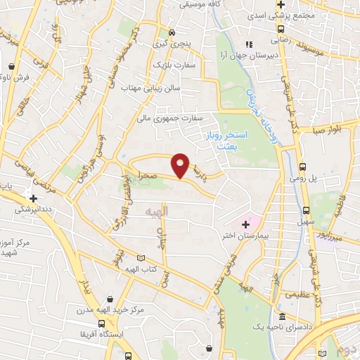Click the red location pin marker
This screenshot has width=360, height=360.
click(x=180, y=165)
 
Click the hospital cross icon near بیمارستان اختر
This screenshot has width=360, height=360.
click(x=245, y=224)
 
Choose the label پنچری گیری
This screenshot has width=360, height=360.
click(x=172, y=44)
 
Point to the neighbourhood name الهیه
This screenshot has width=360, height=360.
click(x=155, y=211)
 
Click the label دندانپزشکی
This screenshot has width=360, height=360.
click(x=32, y=208)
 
